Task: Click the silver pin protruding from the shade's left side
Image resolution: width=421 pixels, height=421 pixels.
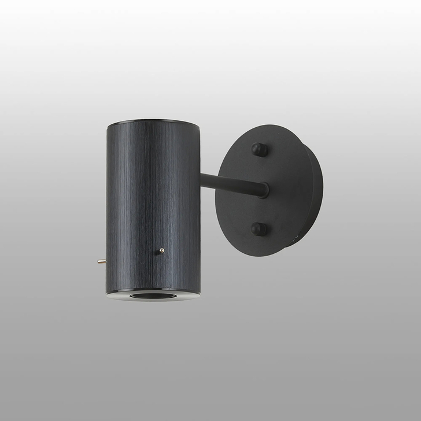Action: pos(101,262)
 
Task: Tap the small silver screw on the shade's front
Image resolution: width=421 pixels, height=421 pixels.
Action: pos(161,250)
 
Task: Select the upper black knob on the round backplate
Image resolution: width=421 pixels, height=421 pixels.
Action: pos(258,150)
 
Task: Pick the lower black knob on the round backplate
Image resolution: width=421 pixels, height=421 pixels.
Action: pos(258,229)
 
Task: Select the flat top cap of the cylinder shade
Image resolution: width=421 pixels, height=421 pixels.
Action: pos(153,123)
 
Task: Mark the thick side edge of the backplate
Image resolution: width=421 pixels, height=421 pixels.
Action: pos(312,191)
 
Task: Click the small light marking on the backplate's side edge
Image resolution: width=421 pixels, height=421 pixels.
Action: pos(296,238)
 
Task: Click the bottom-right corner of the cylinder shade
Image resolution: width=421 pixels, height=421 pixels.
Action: pos(200,293)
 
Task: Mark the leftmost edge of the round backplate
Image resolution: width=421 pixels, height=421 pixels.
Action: pos(215,191)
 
